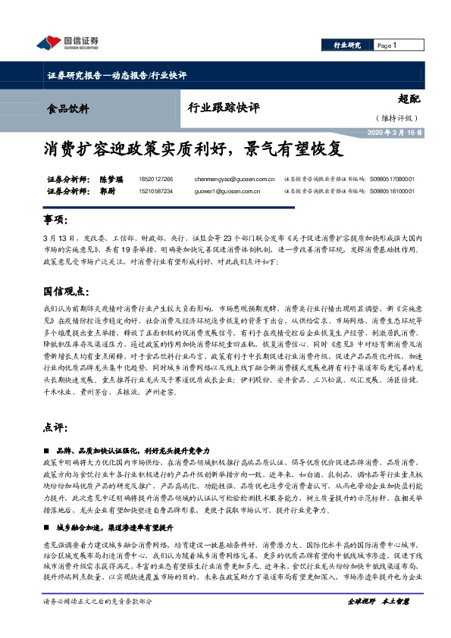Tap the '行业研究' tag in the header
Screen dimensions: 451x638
tap(348, 45)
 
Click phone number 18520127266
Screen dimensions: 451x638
tap(156, 180)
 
